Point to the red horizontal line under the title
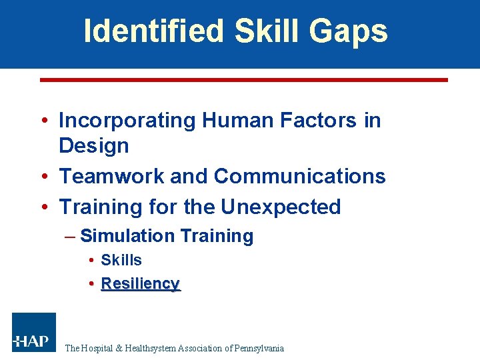tap(243, 80)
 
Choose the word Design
tap(93, 145)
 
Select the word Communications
tap(299, 176)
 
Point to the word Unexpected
tap(281, 207)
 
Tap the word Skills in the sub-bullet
tap(121, 260)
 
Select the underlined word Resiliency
tap(140, 283)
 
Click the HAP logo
tap(33, 333)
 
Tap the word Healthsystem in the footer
tap(152, 348)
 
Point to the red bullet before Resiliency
tap(91, 284)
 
